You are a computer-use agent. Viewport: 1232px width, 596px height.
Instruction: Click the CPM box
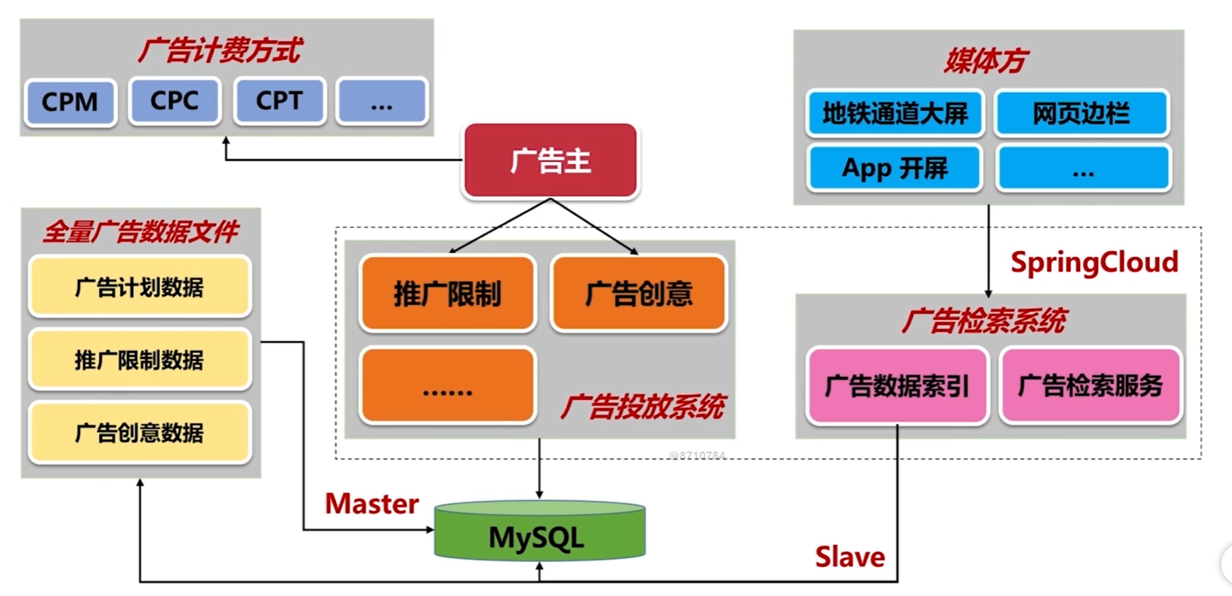click(x=70, y=103)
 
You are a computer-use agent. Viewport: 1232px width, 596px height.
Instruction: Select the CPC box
click(x=174, y=101)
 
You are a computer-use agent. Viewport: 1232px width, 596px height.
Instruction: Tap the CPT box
click(x=280, y=101)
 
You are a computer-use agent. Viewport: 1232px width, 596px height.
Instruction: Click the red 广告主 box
click(x=551, y=161)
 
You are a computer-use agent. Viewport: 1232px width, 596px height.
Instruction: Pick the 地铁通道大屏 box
click(x=894, y=113)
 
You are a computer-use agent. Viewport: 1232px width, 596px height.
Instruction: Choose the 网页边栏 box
click(x=1081, y=113)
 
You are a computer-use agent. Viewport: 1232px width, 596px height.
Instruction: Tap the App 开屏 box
click(x=894, y=168)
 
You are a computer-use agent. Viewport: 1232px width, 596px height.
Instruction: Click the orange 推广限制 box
click(x=447, y=293)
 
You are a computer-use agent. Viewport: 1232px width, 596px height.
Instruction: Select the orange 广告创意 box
click(x=639, y=293)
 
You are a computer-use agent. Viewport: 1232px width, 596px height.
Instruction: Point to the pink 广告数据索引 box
click(x=897, y=386)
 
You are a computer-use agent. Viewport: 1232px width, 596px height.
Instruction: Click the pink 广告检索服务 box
click(x=1090, y=386)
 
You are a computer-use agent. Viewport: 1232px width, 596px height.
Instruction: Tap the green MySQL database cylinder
click(x=539, y=532)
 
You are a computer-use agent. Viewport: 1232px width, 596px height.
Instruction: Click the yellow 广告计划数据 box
click(x=139, y=287)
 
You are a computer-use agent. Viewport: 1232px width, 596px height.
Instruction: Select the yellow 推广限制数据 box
click(x=139, y=360)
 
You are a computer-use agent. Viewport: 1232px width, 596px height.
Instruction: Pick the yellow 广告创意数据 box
click(x=139, y=432)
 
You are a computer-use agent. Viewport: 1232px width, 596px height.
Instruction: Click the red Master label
click(x=372, y=504)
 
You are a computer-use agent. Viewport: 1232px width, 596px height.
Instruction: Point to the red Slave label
click(x=849, y=557)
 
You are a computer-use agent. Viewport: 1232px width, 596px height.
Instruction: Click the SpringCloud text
click(x=1094, y=262)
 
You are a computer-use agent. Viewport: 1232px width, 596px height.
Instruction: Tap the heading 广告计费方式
click(x=219, y=51)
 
